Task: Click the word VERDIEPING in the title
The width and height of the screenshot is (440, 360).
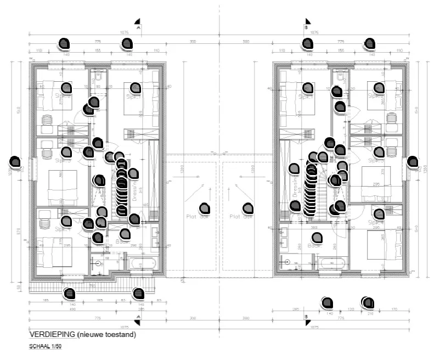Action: click(52, 334)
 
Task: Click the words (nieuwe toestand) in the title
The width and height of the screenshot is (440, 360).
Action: click(106, 334)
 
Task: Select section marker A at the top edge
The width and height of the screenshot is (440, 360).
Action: click(138, 24)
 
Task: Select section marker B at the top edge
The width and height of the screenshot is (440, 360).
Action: click(307, 24)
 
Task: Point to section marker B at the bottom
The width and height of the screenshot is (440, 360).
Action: click(307, 317)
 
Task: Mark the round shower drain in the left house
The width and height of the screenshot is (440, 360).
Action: click(98, 263)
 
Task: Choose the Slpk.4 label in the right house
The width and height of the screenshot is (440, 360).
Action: click(375, 223)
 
